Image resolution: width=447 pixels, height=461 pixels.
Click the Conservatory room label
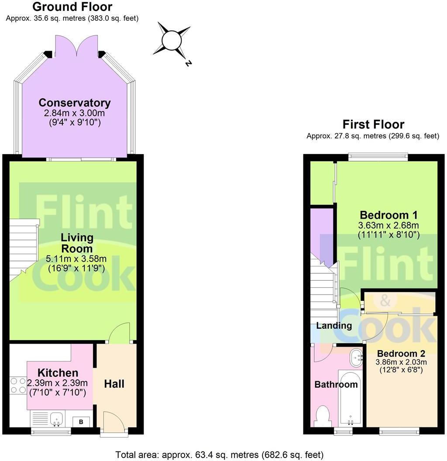point(75,103)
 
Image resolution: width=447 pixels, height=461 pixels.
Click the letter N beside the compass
point(189,63)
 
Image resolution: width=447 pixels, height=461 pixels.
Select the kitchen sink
point(56,419)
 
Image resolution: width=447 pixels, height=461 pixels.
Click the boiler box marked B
point(81,422)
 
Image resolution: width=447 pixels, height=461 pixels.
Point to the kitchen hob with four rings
point(18,386)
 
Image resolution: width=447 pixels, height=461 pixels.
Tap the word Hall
point(114,384)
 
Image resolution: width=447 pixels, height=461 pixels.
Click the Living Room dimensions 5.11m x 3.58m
point(76,259)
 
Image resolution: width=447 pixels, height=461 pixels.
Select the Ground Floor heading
point(72,7)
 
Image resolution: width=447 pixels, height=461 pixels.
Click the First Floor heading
point(374,124)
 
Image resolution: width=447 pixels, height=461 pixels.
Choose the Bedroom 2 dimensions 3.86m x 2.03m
point(401,362)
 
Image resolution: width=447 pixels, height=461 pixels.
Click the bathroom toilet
point(323,416)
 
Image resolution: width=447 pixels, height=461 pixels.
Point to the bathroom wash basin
point(356,358)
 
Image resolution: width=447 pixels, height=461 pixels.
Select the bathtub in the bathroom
point(350,398)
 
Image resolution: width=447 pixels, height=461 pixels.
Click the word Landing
point(334,326)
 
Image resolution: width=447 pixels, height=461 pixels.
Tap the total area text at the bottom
point(220,455)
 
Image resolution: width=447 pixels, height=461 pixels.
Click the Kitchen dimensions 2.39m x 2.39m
point(57,383)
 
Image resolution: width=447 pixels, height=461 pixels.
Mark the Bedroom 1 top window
point(378,157)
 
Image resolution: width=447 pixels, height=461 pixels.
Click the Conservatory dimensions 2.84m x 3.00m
point(74,113)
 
